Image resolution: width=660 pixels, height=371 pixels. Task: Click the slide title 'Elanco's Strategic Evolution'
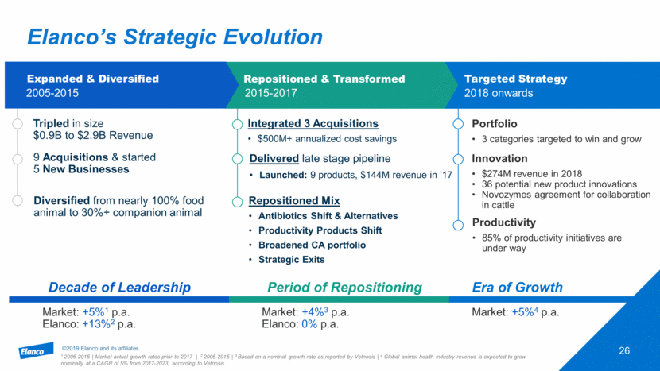pyautogui.click(x=174, y=37)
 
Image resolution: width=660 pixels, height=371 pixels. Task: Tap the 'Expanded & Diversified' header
pyautogui.click(x=93, y=79)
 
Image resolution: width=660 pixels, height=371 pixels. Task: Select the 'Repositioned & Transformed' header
pyautogui.click(x=324, y=79)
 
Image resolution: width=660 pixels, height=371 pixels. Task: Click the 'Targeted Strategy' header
pyautogui.click(x=515, y=79)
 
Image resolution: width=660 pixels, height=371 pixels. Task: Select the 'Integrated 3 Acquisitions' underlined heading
pyautogui.click(x=313, y=124)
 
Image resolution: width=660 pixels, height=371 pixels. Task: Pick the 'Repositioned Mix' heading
pyautogui.click(x=293, y=200)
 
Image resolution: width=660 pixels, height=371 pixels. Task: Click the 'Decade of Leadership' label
pyautogui.click(x=119, y=288)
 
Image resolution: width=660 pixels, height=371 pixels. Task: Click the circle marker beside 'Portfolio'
pyautogui.click(x=457, y=124)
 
